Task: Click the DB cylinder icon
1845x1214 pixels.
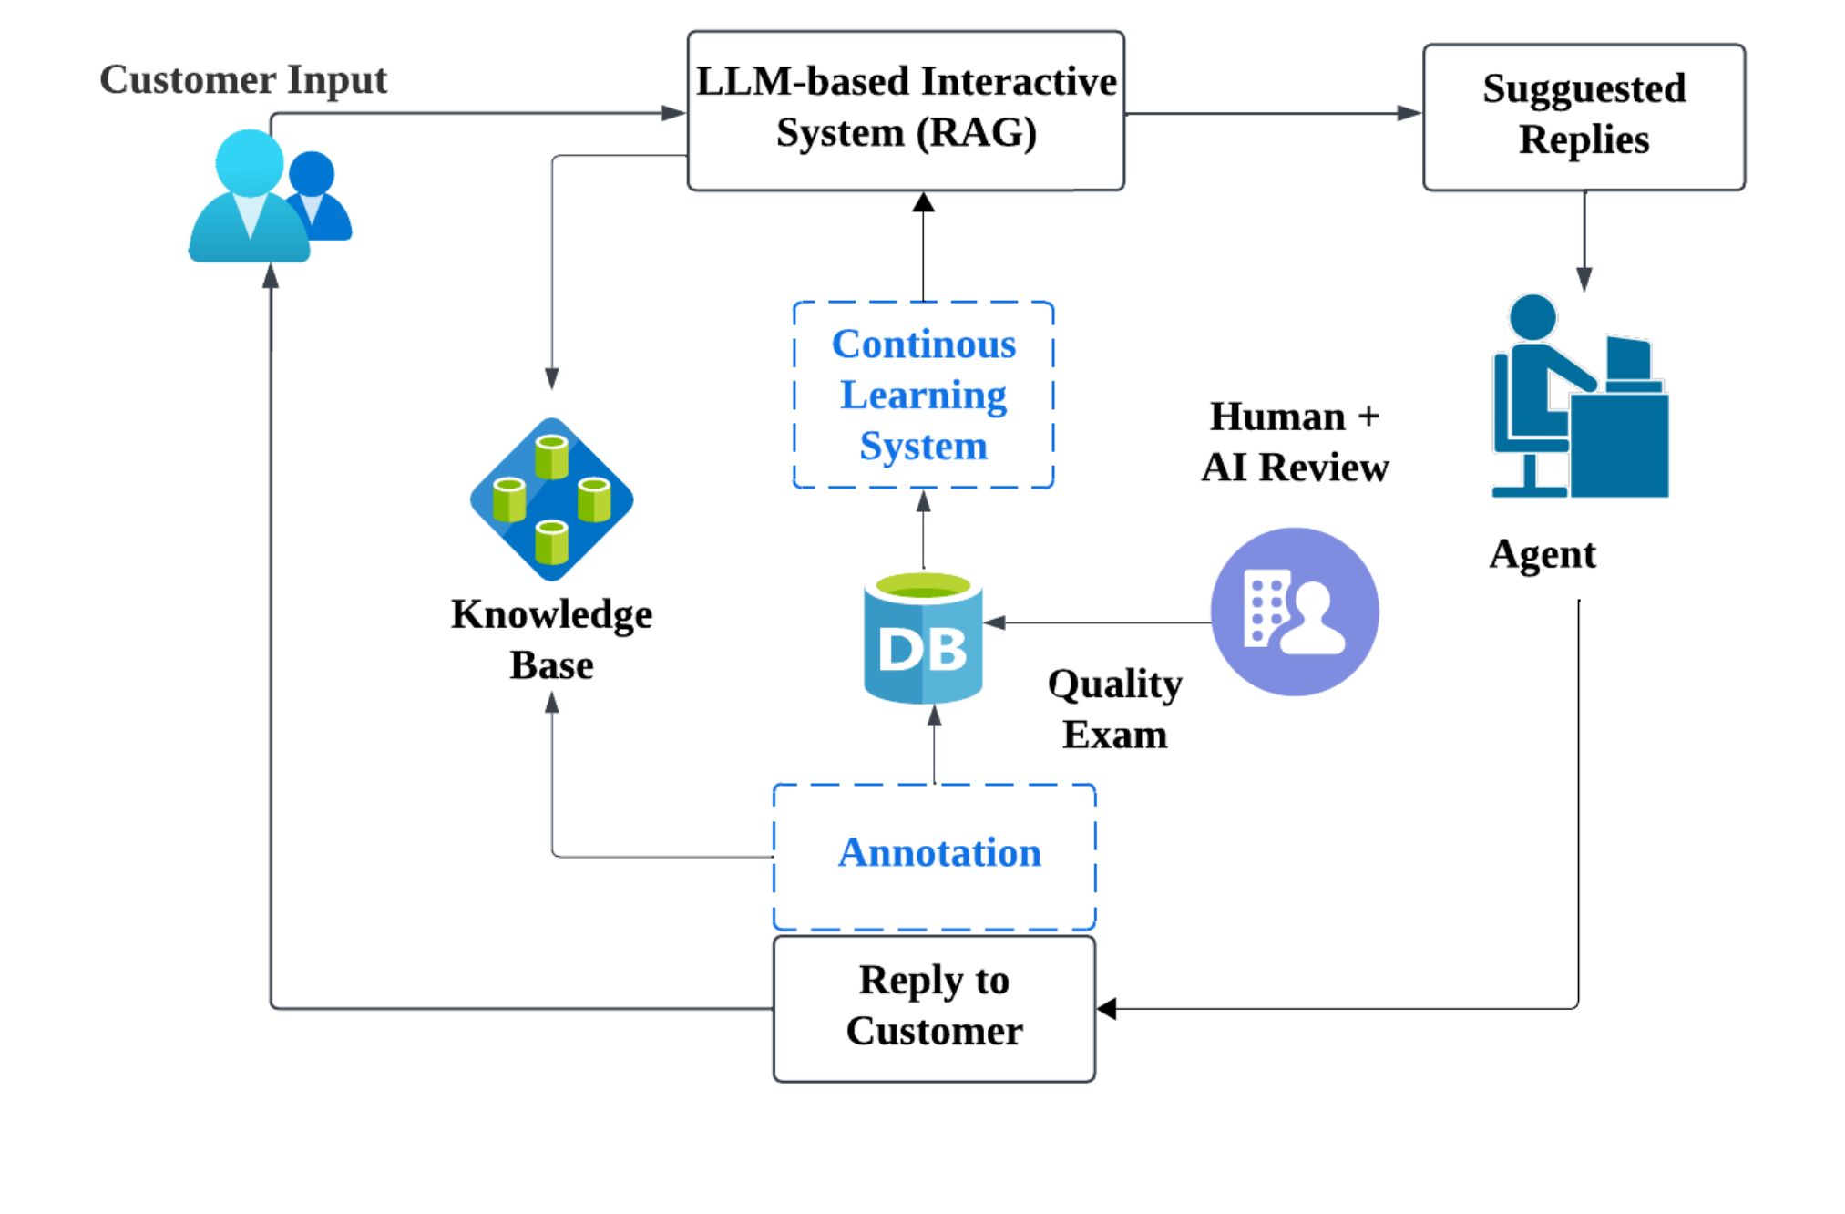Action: pos(923,637)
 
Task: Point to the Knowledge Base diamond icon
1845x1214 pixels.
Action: pos(551,499)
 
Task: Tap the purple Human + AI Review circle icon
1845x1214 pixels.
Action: pos(1295,612)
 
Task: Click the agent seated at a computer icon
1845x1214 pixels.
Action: pos(1580,396)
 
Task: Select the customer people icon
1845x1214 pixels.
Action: pos(270,196)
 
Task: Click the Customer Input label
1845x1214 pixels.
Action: pos(243,80)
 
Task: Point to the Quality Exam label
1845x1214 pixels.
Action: pos(1114,708)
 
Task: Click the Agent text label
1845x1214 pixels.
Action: pos(1543,554)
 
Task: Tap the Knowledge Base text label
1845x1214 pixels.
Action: pos(551,639)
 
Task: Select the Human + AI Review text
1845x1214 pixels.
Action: pos(1295,442)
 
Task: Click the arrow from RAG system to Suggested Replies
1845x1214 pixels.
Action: pos(1274,114)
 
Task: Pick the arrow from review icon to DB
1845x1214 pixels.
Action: pos(1097,622)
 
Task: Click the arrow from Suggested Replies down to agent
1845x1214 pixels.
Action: pos(1584,242)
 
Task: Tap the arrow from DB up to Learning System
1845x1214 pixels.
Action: pos(923,530)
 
